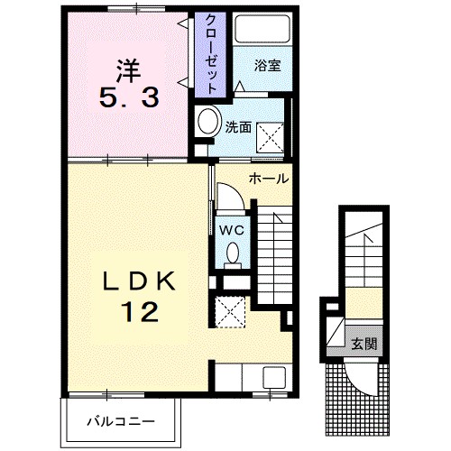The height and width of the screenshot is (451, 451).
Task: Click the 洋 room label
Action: pyautogui.click(x=129, y=71)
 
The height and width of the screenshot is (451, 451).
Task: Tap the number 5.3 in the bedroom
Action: pyautogui.click(x=129, y=98)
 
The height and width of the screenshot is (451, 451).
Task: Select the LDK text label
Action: pyautogui.click(x=139, y=281)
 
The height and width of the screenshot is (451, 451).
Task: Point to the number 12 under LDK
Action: pyautogui.click(x=140, y=312)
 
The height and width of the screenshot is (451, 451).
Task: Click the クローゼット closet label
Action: pyautogui.click(x=210, y=55)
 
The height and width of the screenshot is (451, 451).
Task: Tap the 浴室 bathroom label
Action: pyautogui.click(x=268, y=65)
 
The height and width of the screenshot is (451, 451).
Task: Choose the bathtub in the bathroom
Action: pyautogui.click(x=262, y=29)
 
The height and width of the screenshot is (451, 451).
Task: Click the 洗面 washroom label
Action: pyautogui.click(x=238, y=127)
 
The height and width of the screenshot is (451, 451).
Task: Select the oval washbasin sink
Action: pyautogui.click(x=207, y=121)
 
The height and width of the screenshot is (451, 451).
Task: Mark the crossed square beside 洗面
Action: pyautogui.click(x=270, y=137)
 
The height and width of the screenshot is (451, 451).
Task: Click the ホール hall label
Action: pyautogui.click(x=269, y=179)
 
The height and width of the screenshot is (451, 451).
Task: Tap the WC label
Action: pyautogui.click(x=231, y=231)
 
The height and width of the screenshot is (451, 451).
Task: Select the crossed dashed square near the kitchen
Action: pyautogui.click(x=231, y=312)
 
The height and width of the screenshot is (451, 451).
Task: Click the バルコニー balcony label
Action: pyautogui.click(x=121, y=421)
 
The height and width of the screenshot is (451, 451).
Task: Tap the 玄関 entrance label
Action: pyautogui.click(x=364, y=344)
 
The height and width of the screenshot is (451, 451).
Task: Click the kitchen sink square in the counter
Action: pyautogui.click(x=274, y=377)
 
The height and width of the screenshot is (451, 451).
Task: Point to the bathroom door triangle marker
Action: pyautogui.click(x=240, y=87)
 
